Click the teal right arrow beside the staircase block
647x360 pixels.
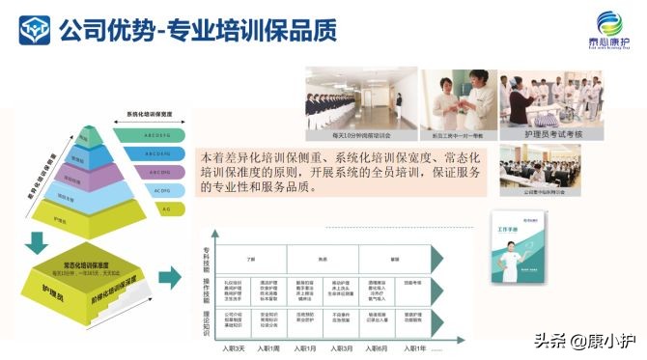click(169, 278)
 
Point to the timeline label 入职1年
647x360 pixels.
click(416, 347)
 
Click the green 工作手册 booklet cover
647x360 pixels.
click(515, 246)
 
